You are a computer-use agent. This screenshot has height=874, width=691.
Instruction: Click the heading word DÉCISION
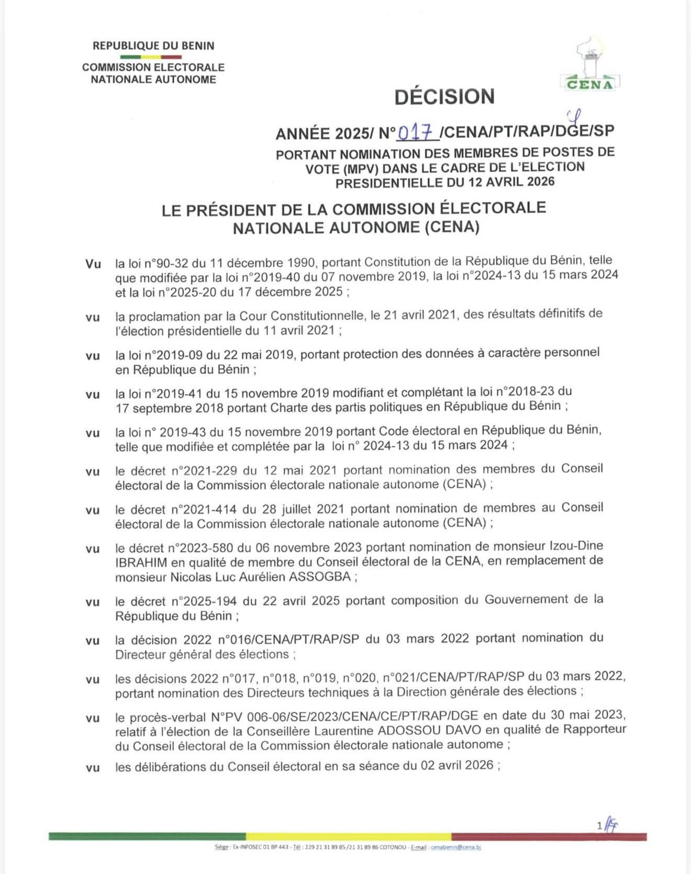[444, 97]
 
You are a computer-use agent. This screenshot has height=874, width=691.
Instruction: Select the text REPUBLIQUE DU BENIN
[153, 46]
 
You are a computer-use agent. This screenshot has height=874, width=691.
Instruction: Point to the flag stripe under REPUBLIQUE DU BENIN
[151, 57]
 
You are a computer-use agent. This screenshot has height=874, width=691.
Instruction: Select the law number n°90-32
[161, 262]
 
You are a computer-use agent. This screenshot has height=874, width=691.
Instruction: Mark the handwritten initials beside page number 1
[611, 825]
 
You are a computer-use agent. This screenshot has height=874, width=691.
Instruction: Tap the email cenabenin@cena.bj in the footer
[455, 847]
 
